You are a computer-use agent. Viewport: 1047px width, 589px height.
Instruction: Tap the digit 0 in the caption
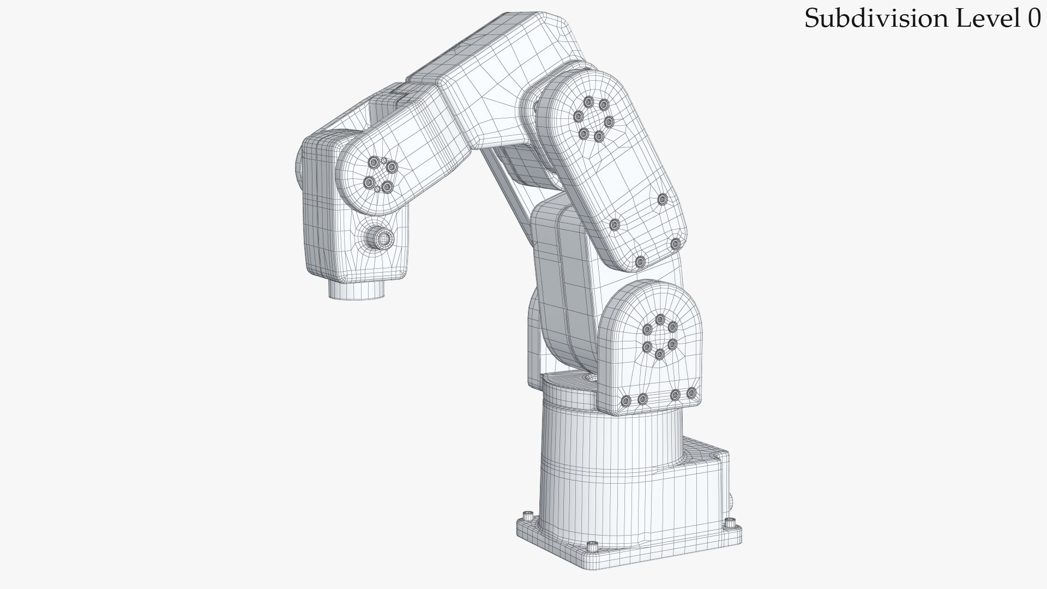(x=1034, y=19)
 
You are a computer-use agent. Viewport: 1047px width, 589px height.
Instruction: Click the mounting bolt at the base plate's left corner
(x=527, y=516)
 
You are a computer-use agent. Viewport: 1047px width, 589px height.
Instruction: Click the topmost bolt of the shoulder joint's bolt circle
(x=660, y=320)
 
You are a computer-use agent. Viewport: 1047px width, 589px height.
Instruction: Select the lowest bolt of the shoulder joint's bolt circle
(x=659, y=354)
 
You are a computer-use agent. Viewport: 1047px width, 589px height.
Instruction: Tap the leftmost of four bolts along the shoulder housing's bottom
(x=626, y=401)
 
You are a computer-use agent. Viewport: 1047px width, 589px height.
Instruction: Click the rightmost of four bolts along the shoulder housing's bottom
(x=691, y=393)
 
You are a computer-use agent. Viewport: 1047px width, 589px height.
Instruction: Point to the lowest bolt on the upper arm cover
(x=640, y=262)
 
